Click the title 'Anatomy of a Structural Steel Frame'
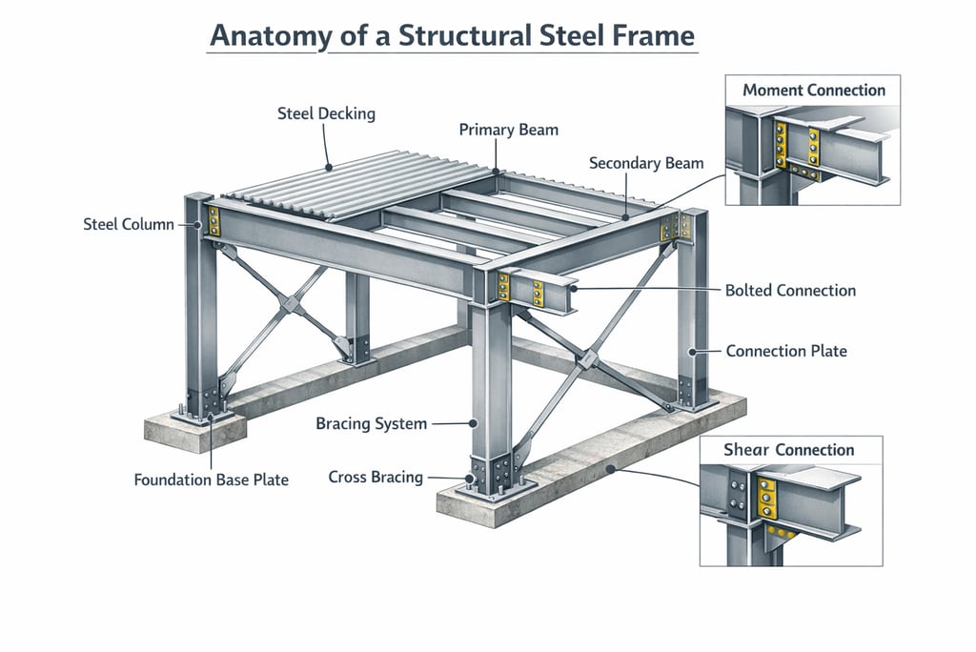[x=453, y=35]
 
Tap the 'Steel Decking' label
[x=326, y=113]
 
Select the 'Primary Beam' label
[x=509, y=130]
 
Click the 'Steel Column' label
[x=129, y=225]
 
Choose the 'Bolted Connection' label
[x=790, y=290]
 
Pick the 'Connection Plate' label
[x=786, y=351]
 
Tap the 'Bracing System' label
[x=371, y=423]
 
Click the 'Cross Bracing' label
[x=376, y=477]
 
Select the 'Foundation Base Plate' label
[x=211, y=479]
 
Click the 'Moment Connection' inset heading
[x=814, y=91]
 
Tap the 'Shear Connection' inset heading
[x=788, y=450]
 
